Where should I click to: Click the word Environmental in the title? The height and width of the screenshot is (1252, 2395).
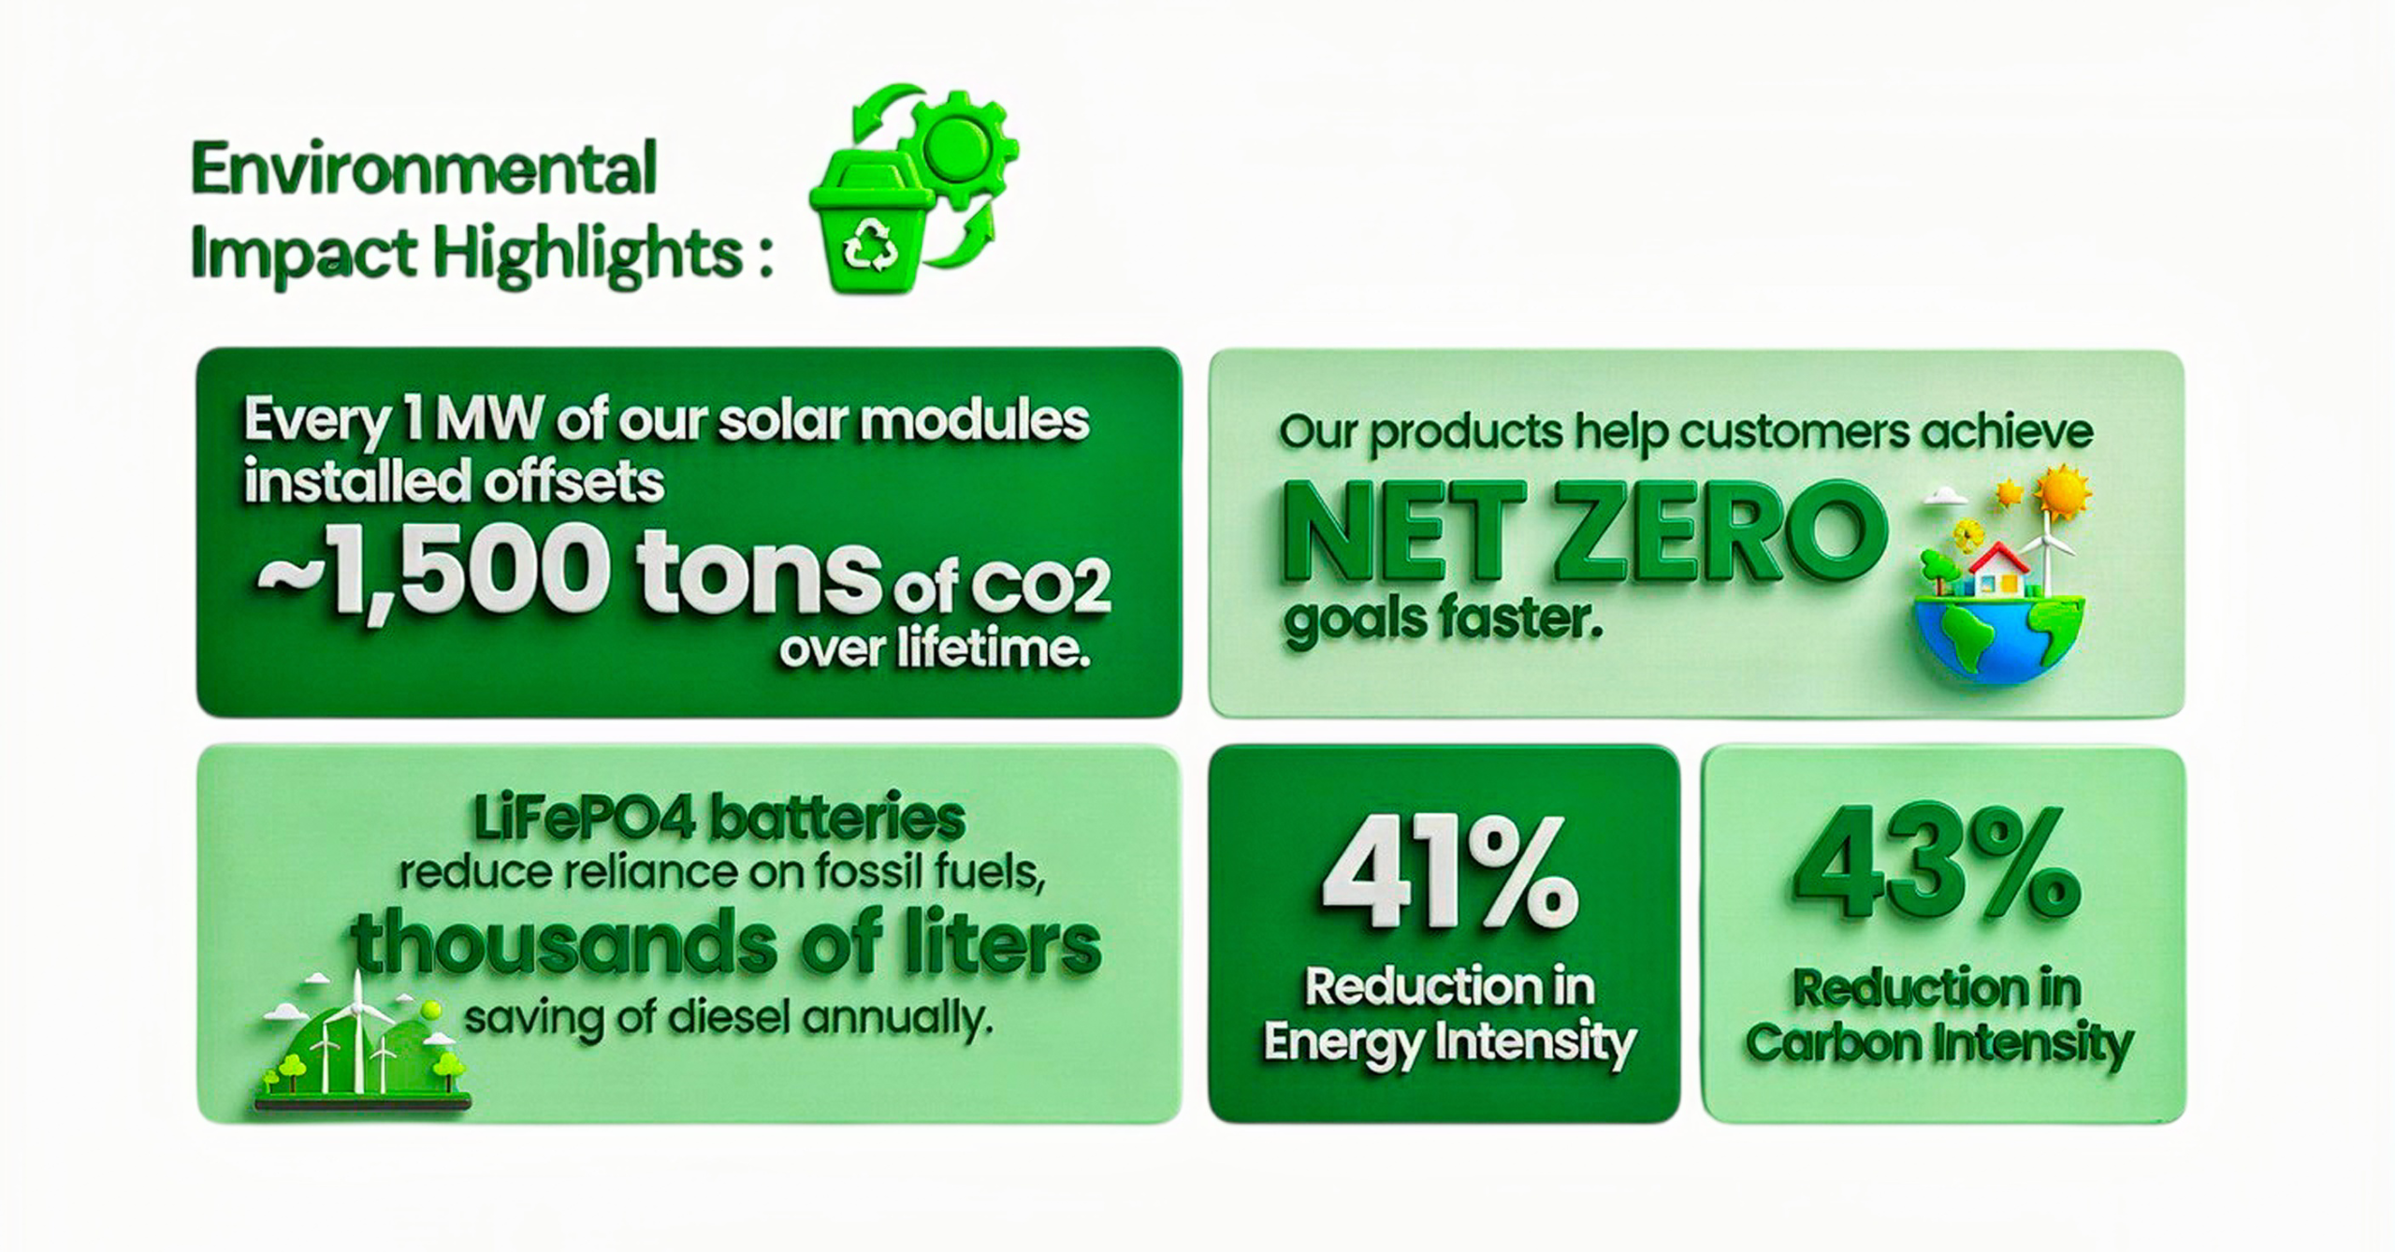tap(425, 168)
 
